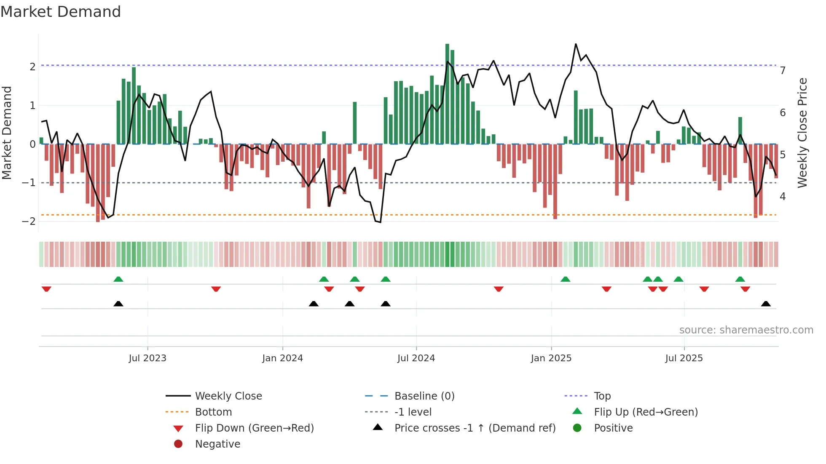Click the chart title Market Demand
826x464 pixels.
[x=61, y=12]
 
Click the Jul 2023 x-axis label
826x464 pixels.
[x=147, y=358]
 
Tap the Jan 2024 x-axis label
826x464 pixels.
[x=282, y=358]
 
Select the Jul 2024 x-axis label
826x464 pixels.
[x=416, y=358]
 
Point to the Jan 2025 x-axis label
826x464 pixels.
[x=551, y=358]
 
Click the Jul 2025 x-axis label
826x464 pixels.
[x=684, y=358]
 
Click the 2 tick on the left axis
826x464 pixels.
[x=32, y=67]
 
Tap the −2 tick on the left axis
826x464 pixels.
[x=29, y=221]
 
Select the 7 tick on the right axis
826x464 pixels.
[x=783, y=71]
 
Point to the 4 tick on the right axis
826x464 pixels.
[x=783, y=197]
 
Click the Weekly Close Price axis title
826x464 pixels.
[x=802, y=133]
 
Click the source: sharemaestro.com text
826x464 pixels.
[x=746, y=330]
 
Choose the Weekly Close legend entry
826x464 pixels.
[x=228, y=396]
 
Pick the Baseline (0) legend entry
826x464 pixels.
[x=424, y=396]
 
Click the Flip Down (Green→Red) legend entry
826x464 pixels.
[x=254, y=428]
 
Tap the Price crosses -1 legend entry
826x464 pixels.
[x=475, y=428]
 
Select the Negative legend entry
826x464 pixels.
[x=217, y=444]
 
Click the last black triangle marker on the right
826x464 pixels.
[x=766, y=304]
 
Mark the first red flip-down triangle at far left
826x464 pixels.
[x=46, y=289]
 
